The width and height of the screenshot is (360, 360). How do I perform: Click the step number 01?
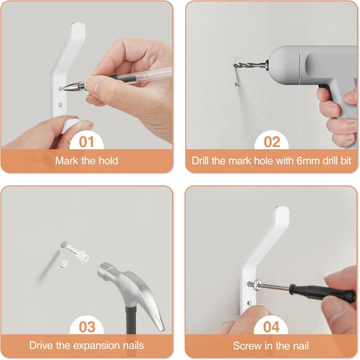pos(87,142)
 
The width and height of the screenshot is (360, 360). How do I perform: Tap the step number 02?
pos(272,142)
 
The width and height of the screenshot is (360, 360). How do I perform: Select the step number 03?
pos(87,327)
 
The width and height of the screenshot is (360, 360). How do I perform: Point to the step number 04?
pos(271,327)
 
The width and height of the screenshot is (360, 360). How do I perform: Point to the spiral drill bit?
pos(250,65)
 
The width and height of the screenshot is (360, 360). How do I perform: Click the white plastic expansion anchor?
pos(78,252)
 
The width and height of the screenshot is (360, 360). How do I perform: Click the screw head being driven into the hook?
pos(256,285)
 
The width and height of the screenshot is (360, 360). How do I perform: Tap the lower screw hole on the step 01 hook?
pos(60,105)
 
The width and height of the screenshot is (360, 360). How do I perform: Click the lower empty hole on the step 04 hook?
pos(249,303)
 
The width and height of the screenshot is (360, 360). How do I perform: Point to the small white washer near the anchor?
pos(64,264)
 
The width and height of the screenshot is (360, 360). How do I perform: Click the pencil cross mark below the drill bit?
pos(237,84)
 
